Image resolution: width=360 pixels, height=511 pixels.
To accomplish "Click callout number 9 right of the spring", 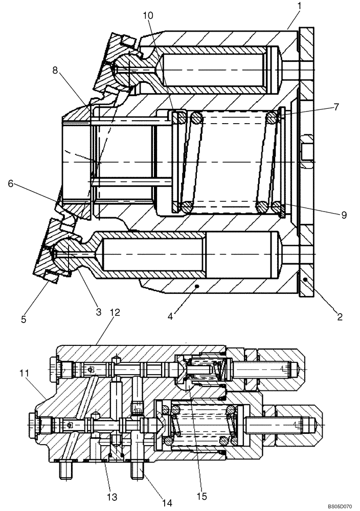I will pyautogui.click(x=344, y=215).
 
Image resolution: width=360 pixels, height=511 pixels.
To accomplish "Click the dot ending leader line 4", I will pyautogui.click(x=196, y=288).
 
